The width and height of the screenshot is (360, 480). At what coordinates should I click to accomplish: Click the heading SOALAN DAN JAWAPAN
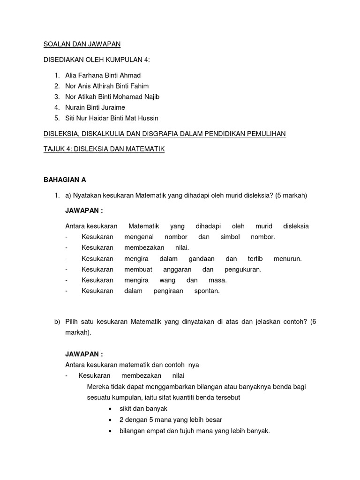point(82,44)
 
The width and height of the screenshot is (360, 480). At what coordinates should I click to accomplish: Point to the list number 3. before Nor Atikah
point(57,97)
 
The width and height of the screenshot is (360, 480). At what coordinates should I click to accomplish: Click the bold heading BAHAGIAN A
point(65,180)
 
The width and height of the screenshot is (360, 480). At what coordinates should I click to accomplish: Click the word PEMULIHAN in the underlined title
point(263,134)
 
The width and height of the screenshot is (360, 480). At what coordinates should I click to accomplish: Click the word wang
point(167,280)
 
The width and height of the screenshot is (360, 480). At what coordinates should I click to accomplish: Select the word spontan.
point(207,291)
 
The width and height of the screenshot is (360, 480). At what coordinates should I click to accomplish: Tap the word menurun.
point(288,258)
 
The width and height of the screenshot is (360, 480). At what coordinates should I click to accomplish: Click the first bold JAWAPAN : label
point(84,210)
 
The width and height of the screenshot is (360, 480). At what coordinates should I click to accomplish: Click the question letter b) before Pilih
point(58,322)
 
